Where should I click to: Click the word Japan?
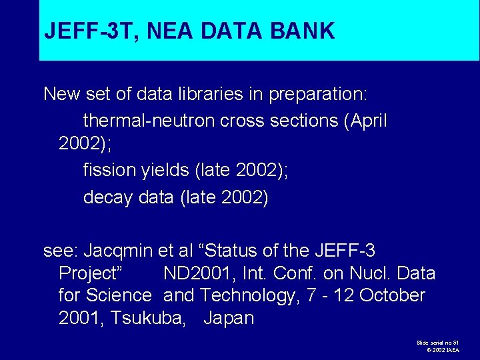229,318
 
